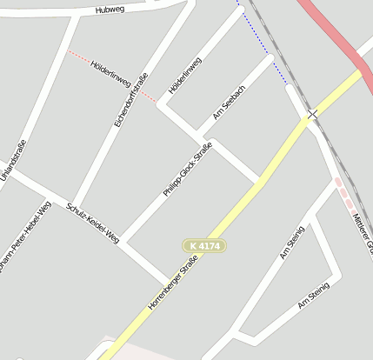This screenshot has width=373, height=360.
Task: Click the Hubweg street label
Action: pyautogui.click(x=110, y=10)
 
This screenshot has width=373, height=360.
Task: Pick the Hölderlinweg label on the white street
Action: pyautogui.click(x=184, y=76)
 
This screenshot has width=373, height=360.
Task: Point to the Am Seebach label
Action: pyautogui.click(x=230, y=103)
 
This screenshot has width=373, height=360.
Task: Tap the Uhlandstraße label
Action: pyautogui.click(x=13, y=163)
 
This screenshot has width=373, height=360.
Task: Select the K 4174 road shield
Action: pyautogui.click(x=204, y=247)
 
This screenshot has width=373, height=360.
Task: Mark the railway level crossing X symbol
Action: pyautogui.click(x=312, y=114)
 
